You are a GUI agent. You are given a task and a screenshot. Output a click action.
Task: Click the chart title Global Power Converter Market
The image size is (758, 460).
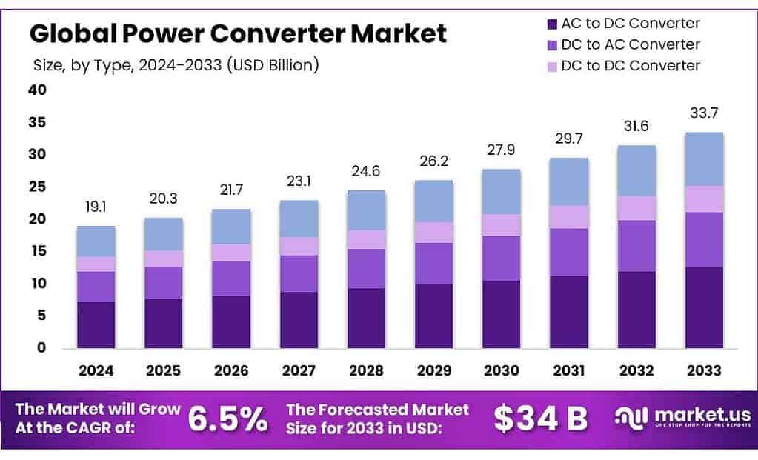pos(238,34)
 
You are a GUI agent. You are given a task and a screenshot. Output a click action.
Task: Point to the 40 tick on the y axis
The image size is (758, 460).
pos(37,90)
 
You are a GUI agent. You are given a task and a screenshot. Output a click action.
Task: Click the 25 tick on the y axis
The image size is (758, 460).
pos(37,187)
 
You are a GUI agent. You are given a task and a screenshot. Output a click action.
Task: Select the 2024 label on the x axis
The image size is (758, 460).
pos(96,370)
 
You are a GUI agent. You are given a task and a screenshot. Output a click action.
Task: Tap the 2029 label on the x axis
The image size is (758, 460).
pos(433,370)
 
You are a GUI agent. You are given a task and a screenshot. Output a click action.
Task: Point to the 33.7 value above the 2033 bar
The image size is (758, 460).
pos(704,113)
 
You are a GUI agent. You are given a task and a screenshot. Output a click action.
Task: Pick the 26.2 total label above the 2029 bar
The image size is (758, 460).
pos(433,161)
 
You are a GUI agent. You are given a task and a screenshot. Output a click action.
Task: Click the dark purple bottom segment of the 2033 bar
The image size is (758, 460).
pos(704,307)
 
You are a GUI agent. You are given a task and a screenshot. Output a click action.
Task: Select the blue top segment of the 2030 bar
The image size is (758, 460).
pos(501,191)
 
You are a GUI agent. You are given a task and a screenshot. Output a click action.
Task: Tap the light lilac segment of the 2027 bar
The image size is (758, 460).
pos(299,246)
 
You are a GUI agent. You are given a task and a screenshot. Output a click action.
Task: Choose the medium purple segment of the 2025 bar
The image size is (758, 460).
pos(164,282)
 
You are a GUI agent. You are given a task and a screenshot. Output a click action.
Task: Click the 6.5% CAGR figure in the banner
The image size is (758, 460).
pos(227,419)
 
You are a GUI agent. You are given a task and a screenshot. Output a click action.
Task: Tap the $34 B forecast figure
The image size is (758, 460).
pos(541,419)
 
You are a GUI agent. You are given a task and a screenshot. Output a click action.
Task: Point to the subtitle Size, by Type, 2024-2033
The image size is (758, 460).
pos(176,65)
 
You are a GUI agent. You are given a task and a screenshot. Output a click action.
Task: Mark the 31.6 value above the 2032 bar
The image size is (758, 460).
pos(636,127)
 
